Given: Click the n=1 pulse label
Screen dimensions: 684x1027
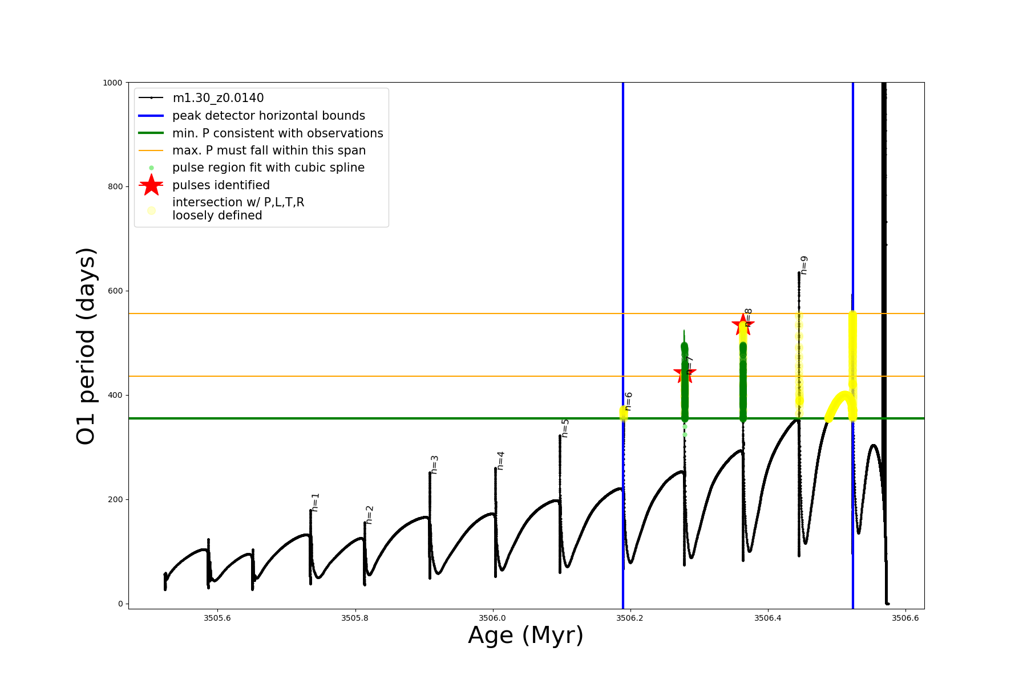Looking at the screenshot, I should coord(316,502).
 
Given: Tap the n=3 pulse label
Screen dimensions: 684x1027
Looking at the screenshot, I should coord(435,465).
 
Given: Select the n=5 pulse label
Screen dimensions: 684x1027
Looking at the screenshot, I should coord(565,428).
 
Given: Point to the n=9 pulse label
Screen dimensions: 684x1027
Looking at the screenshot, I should coord(804,265).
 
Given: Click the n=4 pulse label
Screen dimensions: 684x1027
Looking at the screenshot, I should coord(500,461).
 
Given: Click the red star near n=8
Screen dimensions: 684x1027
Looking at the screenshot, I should coord(743,324).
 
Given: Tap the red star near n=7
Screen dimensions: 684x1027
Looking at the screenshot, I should coord(684,374).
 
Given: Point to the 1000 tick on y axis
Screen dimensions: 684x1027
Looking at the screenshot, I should coord(112,83).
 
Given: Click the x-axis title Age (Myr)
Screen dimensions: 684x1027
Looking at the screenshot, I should coord(525,636).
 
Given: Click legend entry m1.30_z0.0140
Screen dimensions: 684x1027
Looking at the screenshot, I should coord(218,98).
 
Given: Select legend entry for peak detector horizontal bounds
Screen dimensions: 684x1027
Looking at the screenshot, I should coord(268,116).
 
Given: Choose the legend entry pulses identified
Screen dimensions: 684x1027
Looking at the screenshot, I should coord(221,185).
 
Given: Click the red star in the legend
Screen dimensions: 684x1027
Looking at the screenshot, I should coord(151,185).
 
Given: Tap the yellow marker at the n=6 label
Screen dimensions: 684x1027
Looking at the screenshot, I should coord(624,413).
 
